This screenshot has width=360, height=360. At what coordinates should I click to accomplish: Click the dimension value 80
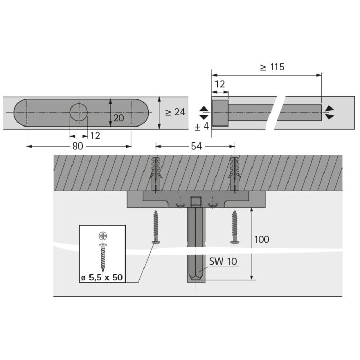pyautogui.click(x=78, y=146)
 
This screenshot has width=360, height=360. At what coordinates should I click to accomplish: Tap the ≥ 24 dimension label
pyautogui.click(x=175, y=112)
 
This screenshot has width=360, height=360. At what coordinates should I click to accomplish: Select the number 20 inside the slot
pyautogui.click(x=119, y=118)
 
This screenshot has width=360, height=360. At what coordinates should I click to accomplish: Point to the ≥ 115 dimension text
pyautogui.click(x=272, y=67)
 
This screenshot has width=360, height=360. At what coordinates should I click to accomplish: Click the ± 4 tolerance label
pyautogui.click(x=202, y=127)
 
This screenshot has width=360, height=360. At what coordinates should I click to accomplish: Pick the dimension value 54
pyautogui.click(x=196, y=146)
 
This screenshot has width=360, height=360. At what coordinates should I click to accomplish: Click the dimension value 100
pyautogui.click(x=262, y=240)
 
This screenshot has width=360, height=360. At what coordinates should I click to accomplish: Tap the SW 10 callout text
pyautogui.click(x=223, y=261)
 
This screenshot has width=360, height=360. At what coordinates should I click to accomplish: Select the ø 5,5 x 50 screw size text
pyautogui.click(x=102, y=278)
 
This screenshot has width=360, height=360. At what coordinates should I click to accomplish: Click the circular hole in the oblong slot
pyautogui.click(x=79, y=112)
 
